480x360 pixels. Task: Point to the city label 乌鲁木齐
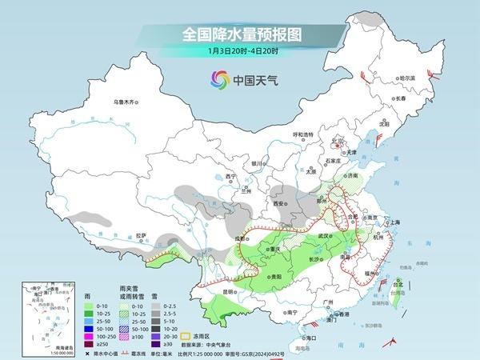[x=126, y=102]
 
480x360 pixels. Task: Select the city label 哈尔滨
[x=407, y=78]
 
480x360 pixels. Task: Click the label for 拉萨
[x=141, y=235]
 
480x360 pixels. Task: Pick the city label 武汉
[x=323, y=237]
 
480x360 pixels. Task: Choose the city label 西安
[x=278, y=204]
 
